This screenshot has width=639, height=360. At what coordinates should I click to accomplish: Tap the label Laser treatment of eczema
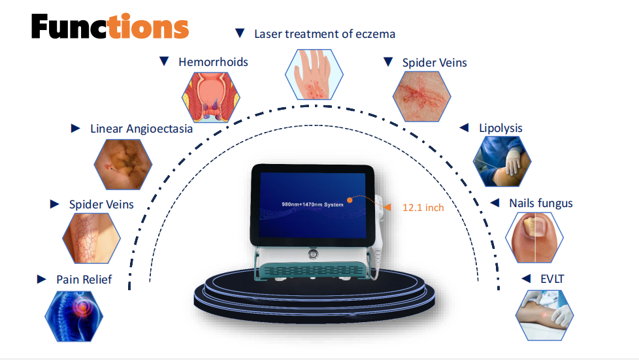324,33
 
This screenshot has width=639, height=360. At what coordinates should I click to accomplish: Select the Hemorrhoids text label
213,62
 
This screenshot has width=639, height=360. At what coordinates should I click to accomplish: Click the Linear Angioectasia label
141,129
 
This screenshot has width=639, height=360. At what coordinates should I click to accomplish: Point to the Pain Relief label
84,280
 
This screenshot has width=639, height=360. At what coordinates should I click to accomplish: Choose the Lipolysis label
500,128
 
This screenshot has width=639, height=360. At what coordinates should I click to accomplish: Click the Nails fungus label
540,203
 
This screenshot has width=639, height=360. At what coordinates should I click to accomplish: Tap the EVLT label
551,279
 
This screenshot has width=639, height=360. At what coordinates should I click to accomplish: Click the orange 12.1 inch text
423,208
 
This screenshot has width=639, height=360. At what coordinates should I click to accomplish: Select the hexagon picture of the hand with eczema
312,75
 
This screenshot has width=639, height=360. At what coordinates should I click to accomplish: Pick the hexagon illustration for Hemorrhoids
208,97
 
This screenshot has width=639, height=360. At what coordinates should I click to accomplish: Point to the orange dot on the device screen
349,201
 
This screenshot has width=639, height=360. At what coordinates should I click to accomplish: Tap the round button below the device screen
314,252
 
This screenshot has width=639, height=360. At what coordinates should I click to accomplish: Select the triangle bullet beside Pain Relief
42,280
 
